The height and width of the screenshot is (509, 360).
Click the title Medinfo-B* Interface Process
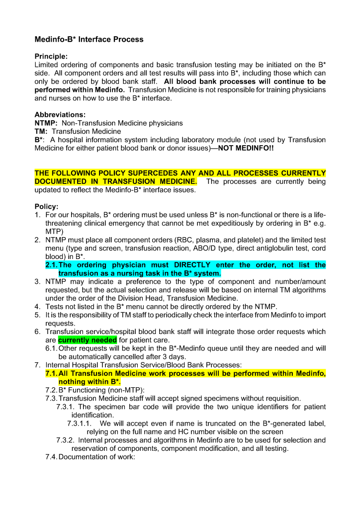point(89,39)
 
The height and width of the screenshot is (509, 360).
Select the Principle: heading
point(51,57)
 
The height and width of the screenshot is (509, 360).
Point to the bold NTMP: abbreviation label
point(46,123)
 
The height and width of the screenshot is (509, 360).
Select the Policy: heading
point(46,206)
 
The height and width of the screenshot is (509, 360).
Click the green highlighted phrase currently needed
point(88,340)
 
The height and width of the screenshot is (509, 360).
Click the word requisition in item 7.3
point(281,398)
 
